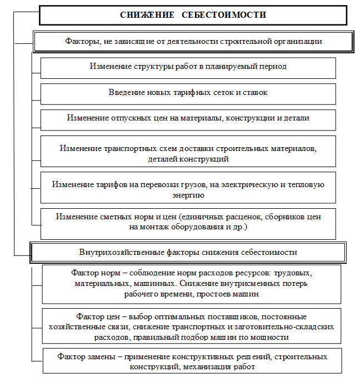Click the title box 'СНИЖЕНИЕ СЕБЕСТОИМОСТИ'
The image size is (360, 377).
[x=193, y=15]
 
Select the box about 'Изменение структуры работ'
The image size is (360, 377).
[x=188, y=67]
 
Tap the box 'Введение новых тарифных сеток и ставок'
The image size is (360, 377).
[x=188, y=93]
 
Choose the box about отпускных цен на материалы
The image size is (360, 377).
[x=188, y=118]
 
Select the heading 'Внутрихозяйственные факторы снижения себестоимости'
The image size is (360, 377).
[x=188, y=252]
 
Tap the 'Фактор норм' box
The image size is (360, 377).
[x=191, y=284]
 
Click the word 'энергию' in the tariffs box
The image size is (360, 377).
[x=188, y=195]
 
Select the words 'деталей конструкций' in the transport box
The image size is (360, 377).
[x=188, y=159]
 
